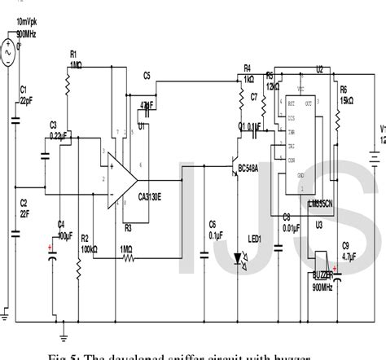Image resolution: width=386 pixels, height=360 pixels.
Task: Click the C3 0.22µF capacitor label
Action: [56, 130]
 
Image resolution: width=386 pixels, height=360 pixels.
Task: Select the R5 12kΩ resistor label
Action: [273, 80]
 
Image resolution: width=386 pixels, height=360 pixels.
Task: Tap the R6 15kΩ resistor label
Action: [344, 94]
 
